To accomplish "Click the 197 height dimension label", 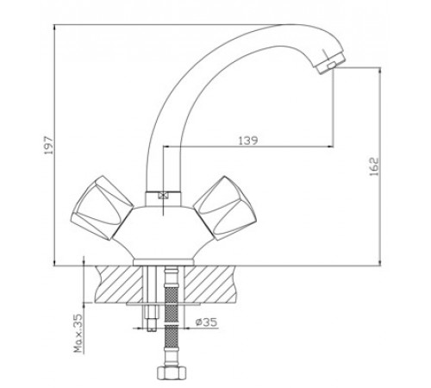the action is click(49, 145).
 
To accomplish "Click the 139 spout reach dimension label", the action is click(248, 141).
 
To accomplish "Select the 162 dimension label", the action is click(374, 166).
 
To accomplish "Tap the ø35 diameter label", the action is click(206, 322).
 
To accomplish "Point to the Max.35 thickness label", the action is click(78, 333).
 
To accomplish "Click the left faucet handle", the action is click(102, 208).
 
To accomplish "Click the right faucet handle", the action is click(225, 208).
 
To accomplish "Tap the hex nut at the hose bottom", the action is click(172, 373).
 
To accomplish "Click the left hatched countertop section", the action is click(119, 284).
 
